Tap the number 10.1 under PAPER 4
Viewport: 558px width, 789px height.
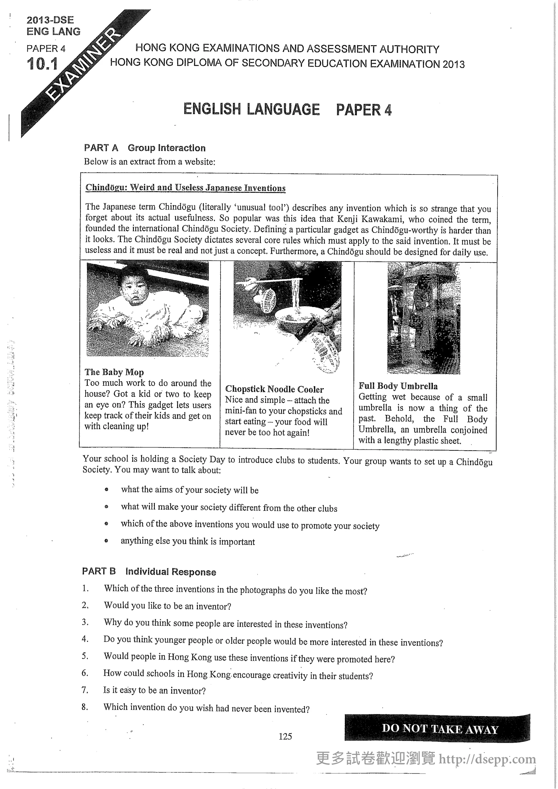pos(42,64)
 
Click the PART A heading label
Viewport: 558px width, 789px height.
pos(101,148)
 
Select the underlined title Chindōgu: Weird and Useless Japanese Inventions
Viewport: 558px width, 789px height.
pos(185,188)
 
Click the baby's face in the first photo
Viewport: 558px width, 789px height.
pos(133,289)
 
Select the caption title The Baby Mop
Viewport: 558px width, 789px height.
pos(114,372)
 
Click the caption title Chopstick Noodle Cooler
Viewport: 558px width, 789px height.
pos(274,389)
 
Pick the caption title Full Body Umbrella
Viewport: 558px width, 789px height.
pos(398,386)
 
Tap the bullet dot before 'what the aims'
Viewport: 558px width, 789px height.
pos(107,489)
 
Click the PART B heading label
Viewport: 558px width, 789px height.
pos(99,571)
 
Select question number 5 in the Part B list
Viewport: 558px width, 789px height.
pos(85,656)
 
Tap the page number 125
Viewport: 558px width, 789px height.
pos(285,736)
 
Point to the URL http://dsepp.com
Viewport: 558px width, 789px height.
pos(487,759)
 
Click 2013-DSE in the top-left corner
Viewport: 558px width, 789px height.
pos(50,20)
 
